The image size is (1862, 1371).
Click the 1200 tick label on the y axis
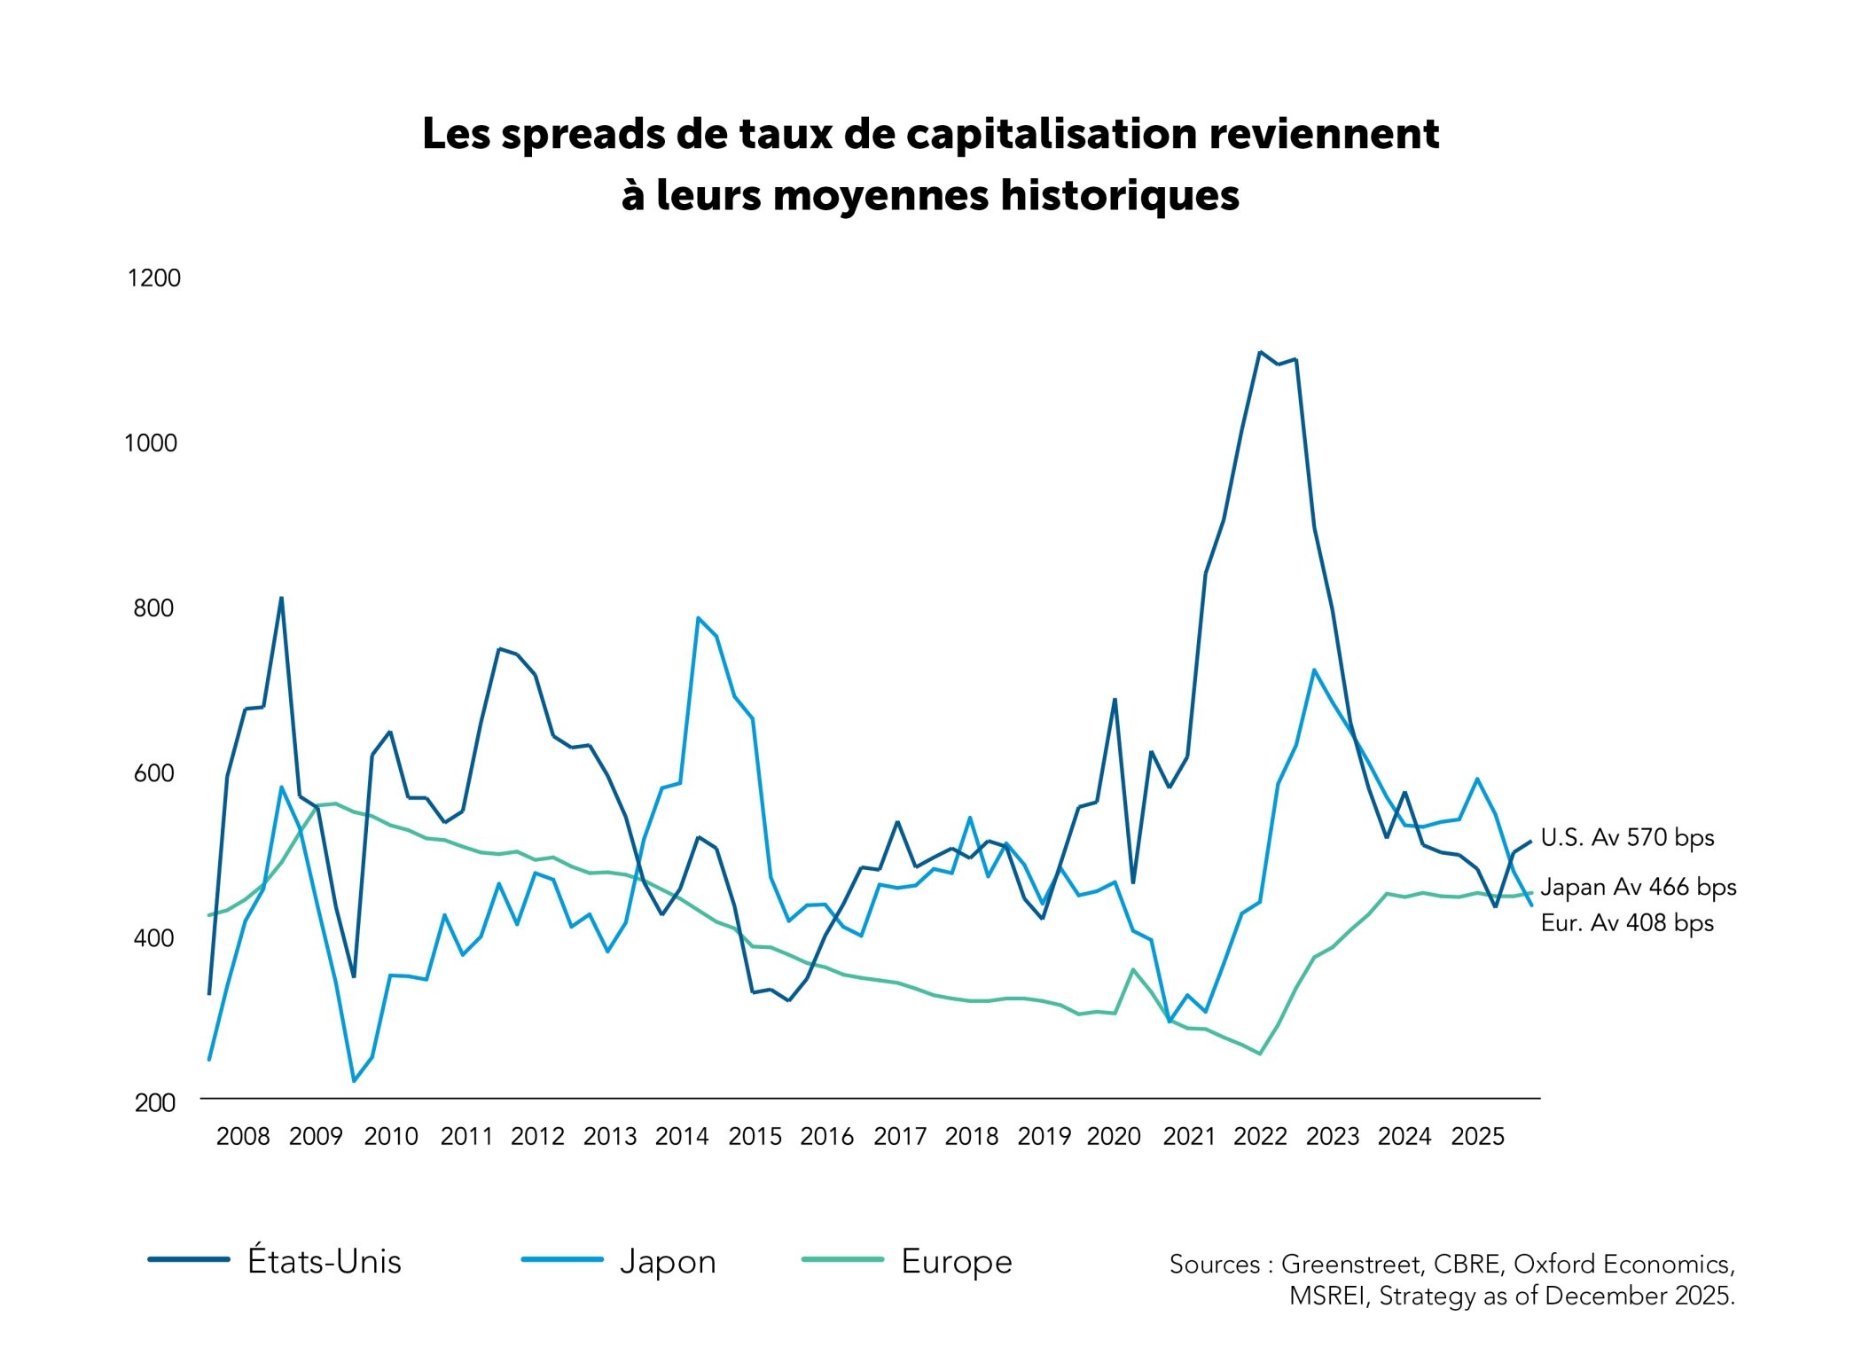coord(154,278)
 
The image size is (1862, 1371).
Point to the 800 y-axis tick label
coord(153,608)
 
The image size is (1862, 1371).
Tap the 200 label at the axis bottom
coord(155,1102)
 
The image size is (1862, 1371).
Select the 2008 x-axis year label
coord(243,1136)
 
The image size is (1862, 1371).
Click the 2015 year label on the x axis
coord(755,1136)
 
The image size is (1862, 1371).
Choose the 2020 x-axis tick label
coord(1115,1136)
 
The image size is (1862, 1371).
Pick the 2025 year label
coord(1478,1136)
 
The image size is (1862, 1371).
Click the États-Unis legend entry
coord(275,1260)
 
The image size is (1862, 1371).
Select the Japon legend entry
coord(619,1261)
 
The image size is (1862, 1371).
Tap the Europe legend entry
coord(907,1261)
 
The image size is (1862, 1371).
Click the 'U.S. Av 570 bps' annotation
coord(1628,838)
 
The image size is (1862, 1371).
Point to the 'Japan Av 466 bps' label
coord(1639,888)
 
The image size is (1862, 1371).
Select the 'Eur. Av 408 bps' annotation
coord(1628,923)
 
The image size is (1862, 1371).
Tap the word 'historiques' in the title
coord(1120,195)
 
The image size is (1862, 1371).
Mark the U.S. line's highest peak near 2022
coord(1260,352)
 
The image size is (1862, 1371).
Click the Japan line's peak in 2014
coord(699,617)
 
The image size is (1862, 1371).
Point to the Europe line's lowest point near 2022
coord(1260,1054)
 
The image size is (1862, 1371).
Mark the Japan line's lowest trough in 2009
coord(354,1081)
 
